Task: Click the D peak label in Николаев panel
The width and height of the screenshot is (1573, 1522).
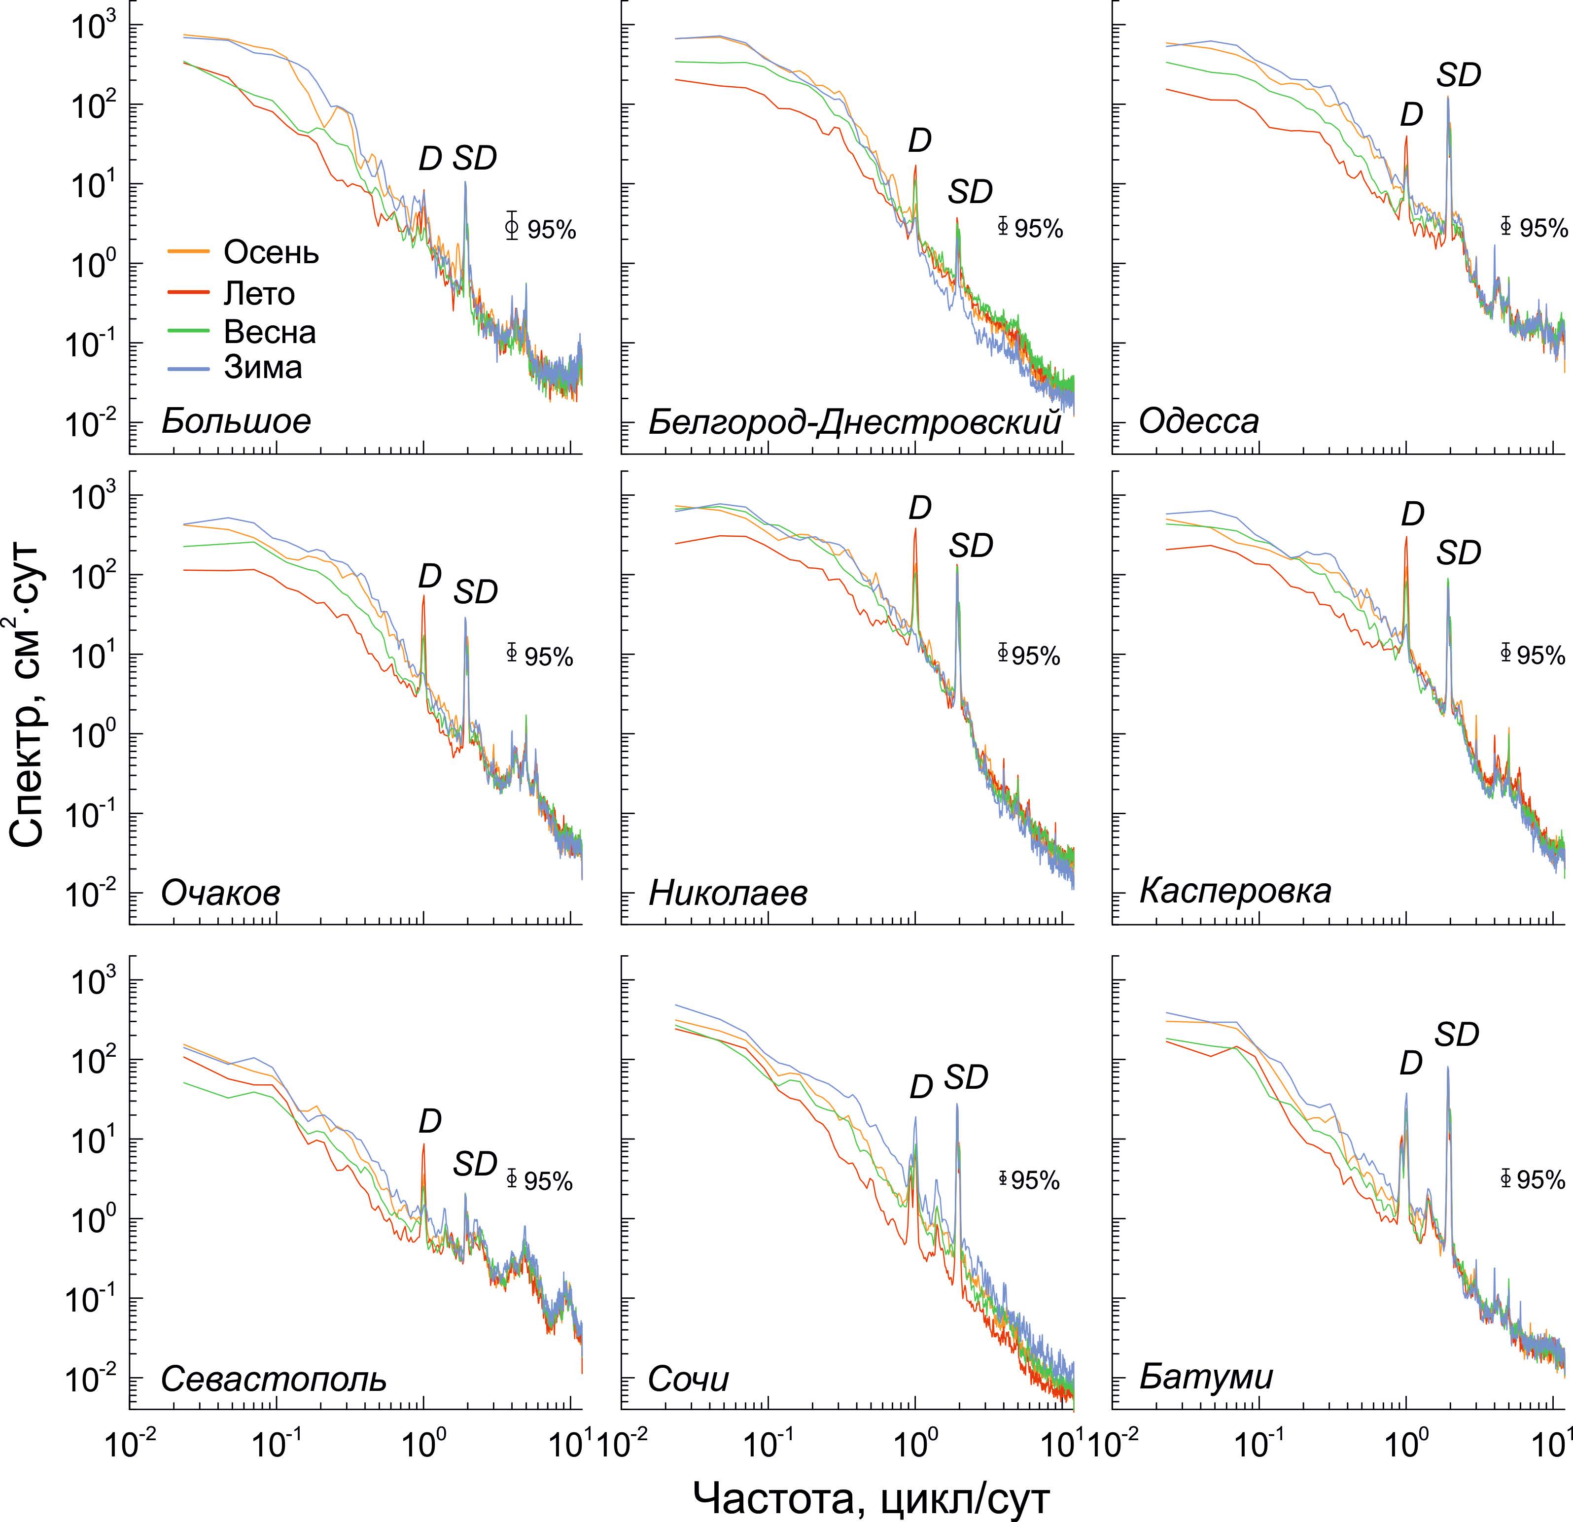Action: (x=920, y=508)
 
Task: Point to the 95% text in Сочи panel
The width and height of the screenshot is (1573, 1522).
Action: (x=1035, y=1181)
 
